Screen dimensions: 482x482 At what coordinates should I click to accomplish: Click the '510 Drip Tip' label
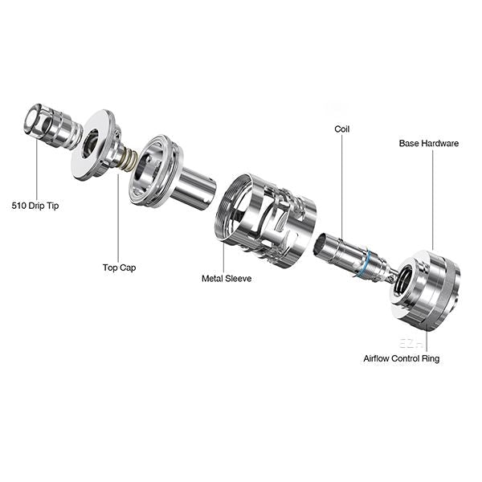35,206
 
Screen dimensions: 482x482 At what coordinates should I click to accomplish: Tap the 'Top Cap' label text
119,268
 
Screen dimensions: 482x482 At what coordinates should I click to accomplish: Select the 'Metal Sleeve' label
227,279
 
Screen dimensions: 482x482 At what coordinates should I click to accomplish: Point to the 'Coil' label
342,129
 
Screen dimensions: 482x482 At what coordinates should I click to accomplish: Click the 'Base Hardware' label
429,143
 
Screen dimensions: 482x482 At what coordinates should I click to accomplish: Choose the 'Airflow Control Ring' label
402,358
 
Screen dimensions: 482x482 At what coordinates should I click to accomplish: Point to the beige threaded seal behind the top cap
129,160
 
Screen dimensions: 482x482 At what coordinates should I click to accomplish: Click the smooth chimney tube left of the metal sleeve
194,187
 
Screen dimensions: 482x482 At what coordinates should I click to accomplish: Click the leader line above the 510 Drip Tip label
37,172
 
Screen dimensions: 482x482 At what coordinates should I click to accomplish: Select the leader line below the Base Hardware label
433,200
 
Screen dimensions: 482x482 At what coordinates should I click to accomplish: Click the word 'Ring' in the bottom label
431,359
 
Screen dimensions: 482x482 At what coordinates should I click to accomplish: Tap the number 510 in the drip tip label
18,206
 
